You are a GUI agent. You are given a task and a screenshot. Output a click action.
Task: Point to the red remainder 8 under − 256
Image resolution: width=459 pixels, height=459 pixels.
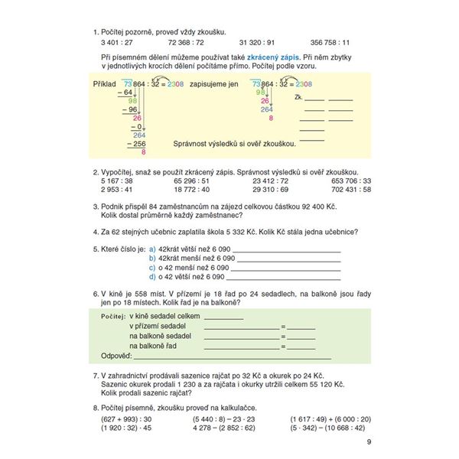144,152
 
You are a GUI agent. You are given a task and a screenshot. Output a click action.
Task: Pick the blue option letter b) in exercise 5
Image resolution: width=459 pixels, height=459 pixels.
152,259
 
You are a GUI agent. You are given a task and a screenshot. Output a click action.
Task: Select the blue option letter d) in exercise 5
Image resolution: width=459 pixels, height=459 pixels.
152,276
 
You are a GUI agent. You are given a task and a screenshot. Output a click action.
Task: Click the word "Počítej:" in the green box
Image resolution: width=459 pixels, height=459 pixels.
112,316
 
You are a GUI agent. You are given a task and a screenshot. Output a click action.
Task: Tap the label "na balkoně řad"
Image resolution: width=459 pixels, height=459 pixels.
154,346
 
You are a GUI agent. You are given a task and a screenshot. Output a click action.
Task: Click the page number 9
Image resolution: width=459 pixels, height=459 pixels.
369,445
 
